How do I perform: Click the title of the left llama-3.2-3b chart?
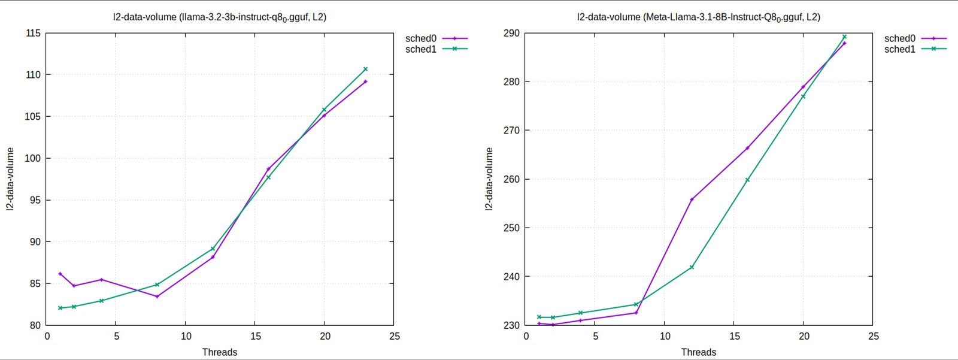(219, 17)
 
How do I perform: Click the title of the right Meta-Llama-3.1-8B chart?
(698, 17)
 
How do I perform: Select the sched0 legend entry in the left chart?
(421, 38)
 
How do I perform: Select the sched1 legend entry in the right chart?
(900, 49)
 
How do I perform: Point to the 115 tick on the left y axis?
(34, 34)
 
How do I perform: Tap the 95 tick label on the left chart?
(35, 200)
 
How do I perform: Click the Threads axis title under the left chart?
(219, 352)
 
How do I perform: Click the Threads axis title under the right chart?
(698, 352)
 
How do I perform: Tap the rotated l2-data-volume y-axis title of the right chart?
(489, 179)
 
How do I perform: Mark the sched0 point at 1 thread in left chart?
(60, 274)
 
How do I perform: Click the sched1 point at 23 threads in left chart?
(365, 69)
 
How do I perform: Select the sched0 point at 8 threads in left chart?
(157, 296)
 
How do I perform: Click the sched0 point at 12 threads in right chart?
(692, 199)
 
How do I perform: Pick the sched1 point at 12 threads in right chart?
(692, 267)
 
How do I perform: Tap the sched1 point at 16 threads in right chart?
(747, 180)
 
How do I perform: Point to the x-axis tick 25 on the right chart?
(873, 337)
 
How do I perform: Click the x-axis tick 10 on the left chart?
(186, 337)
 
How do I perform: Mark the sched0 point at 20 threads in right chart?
(803, 87)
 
